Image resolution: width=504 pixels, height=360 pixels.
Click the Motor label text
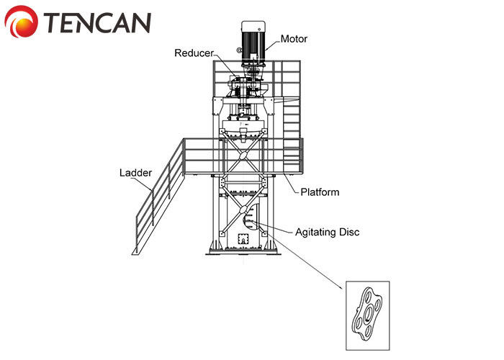pos(294,39)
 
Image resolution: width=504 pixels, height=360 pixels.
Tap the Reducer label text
pos(194,53)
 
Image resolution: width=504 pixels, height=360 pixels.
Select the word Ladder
pos(135,173)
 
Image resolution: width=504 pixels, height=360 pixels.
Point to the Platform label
pos(320,192)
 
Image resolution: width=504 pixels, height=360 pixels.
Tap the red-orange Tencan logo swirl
pos(21,22)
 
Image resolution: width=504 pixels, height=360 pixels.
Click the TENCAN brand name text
pos(97,23)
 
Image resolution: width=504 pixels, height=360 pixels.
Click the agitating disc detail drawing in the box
pos(367,314)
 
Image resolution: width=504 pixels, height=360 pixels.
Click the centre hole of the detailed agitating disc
pos(368,313)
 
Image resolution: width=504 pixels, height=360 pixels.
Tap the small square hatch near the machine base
pos(243,239)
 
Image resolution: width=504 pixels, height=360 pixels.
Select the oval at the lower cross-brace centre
pos(243,210)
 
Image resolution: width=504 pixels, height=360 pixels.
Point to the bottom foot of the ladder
pos(136,253)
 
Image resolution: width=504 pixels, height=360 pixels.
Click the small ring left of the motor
pos(238,50)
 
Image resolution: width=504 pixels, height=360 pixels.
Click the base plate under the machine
pos(243,253)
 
